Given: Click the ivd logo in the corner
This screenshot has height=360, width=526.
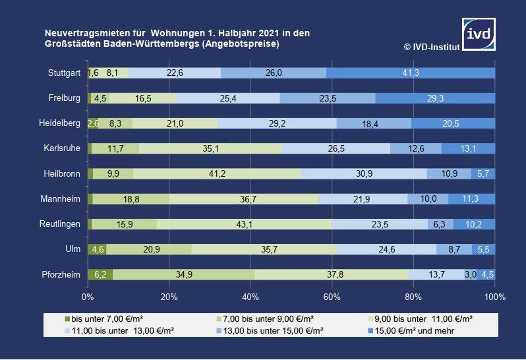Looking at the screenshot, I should [x=479, y=33].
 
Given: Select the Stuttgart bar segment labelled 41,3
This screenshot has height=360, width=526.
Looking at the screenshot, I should [x=410, y=73].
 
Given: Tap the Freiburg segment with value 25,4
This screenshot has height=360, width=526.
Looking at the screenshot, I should [x=228, y=98].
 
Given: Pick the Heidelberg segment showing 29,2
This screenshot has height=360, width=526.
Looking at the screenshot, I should [x=277, y=123].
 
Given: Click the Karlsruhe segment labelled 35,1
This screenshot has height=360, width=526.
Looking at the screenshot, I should [x=211, y=148].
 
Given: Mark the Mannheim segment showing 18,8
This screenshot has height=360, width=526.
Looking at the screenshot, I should [x=131, y=199].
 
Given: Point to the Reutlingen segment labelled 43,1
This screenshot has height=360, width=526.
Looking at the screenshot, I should [x=245, y=224].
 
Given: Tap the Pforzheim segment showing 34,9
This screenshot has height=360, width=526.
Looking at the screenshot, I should [x=184, y=274].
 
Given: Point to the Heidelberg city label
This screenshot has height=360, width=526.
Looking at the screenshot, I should [x=60, y=123].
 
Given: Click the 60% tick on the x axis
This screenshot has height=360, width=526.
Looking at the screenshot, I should [x=332, y=297].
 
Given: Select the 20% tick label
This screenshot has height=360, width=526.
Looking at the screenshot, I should [x=169, y=297].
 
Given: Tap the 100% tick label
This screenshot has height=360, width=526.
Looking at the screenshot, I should [x=494, y=297].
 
